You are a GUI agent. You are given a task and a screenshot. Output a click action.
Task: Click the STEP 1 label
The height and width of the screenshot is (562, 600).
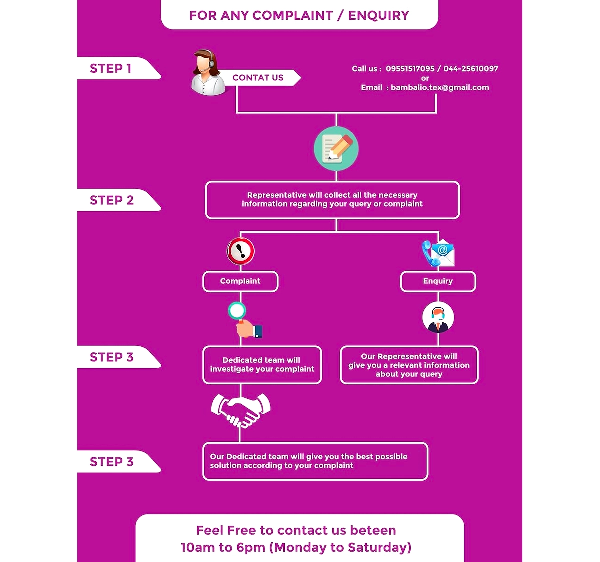pos(110,68)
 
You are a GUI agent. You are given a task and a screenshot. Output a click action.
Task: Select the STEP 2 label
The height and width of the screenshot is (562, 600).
pos(112,200)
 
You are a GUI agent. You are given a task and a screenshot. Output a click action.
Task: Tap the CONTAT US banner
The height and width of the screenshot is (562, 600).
pos(258,78)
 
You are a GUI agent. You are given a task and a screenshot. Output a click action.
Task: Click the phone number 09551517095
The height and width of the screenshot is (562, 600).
pos(410,69)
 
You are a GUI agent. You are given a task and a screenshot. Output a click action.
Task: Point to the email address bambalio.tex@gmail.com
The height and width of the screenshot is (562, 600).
pos(440,88)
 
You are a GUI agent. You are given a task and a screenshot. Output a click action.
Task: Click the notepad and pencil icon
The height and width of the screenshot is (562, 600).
pos(336,149)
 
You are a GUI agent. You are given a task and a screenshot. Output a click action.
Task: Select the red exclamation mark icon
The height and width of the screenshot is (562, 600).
pos(241,251)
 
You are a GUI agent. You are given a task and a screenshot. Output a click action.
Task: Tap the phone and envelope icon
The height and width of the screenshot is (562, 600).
pos(438,253)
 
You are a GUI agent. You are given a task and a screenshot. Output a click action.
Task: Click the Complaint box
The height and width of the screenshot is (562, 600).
pos(240,281)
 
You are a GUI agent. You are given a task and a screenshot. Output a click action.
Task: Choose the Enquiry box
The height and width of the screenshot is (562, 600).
pos(438,281)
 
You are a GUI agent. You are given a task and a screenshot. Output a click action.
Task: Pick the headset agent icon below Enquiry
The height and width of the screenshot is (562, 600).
pos(438,317)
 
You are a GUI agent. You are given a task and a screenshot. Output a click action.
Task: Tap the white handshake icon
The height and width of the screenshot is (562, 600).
pos(241,410)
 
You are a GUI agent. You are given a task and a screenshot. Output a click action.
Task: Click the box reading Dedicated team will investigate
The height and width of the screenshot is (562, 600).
pos(262,365)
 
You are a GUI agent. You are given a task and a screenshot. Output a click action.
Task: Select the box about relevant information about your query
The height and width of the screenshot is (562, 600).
pos(409,365)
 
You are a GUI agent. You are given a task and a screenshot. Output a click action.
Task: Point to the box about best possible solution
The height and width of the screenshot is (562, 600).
pos(315,461)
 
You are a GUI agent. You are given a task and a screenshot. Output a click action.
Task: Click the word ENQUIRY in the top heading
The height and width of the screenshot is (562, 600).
pos(379,15)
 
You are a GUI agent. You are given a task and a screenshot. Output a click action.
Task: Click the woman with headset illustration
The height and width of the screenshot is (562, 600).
pos(208,72)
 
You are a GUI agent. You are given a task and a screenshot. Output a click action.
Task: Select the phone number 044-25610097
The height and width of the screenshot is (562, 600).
pos(471,69)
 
